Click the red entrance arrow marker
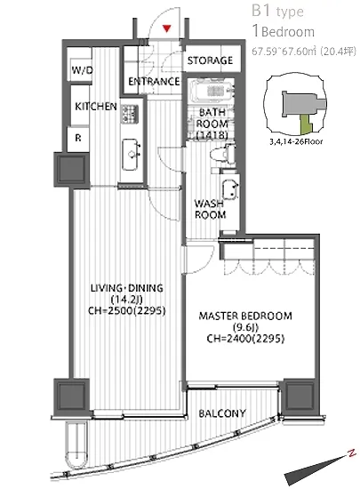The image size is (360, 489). point(167,28)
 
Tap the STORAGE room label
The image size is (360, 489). point(210,60)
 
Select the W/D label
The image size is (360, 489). point(82,70)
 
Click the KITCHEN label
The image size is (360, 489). point(96,107)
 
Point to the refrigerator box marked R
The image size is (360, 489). point(78,138)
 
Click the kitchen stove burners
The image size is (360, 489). point(130,114)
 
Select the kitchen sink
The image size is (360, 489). point(131,155)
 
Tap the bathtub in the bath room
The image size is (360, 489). point(212,91)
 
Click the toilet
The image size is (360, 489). point(223,154)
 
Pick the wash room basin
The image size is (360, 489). point(230,189)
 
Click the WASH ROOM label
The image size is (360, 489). point(210,209)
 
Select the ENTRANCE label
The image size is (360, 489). point(154,82)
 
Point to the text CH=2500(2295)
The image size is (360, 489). point(126,310)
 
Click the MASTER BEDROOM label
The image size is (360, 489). point(245,316)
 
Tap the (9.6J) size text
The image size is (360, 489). point(245,327)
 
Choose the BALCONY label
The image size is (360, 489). point(222,413)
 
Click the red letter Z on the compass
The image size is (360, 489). point(352,453)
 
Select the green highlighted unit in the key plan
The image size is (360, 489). point(306,123)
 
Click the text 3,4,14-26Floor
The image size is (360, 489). point(296,141)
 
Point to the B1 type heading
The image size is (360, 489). point(277,12)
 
